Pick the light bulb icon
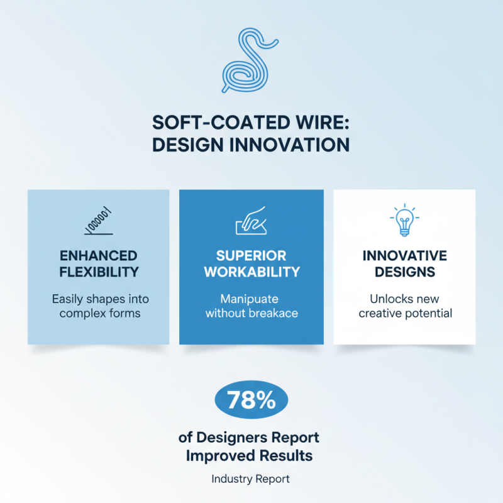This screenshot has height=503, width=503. [x=404, y=221]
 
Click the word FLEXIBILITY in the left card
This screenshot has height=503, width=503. [x=98, y=272]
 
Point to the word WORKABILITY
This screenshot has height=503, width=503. [x=251, y=272]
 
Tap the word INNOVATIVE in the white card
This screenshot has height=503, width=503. [x=404, y=256]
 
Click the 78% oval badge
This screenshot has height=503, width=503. [x=251, y=401]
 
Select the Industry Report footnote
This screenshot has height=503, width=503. [x=251, y=479]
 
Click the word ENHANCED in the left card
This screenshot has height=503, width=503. [x=98, y=256]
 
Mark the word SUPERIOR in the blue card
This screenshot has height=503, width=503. [x=251, y=256]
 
